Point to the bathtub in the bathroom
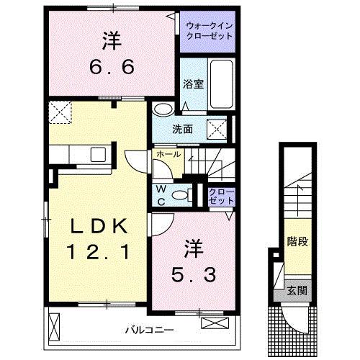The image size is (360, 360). tap(223, 84)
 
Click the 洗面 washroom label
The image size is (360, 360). tap(182, 130)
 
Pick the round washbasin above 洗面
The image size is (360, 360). tap(163, 109)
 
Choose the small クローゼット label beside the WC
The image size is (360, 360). tap(220, 195)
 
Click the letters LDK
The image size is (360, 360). tap(99, 227)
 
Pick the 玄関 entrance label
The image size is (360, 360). tap(297, 290)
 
